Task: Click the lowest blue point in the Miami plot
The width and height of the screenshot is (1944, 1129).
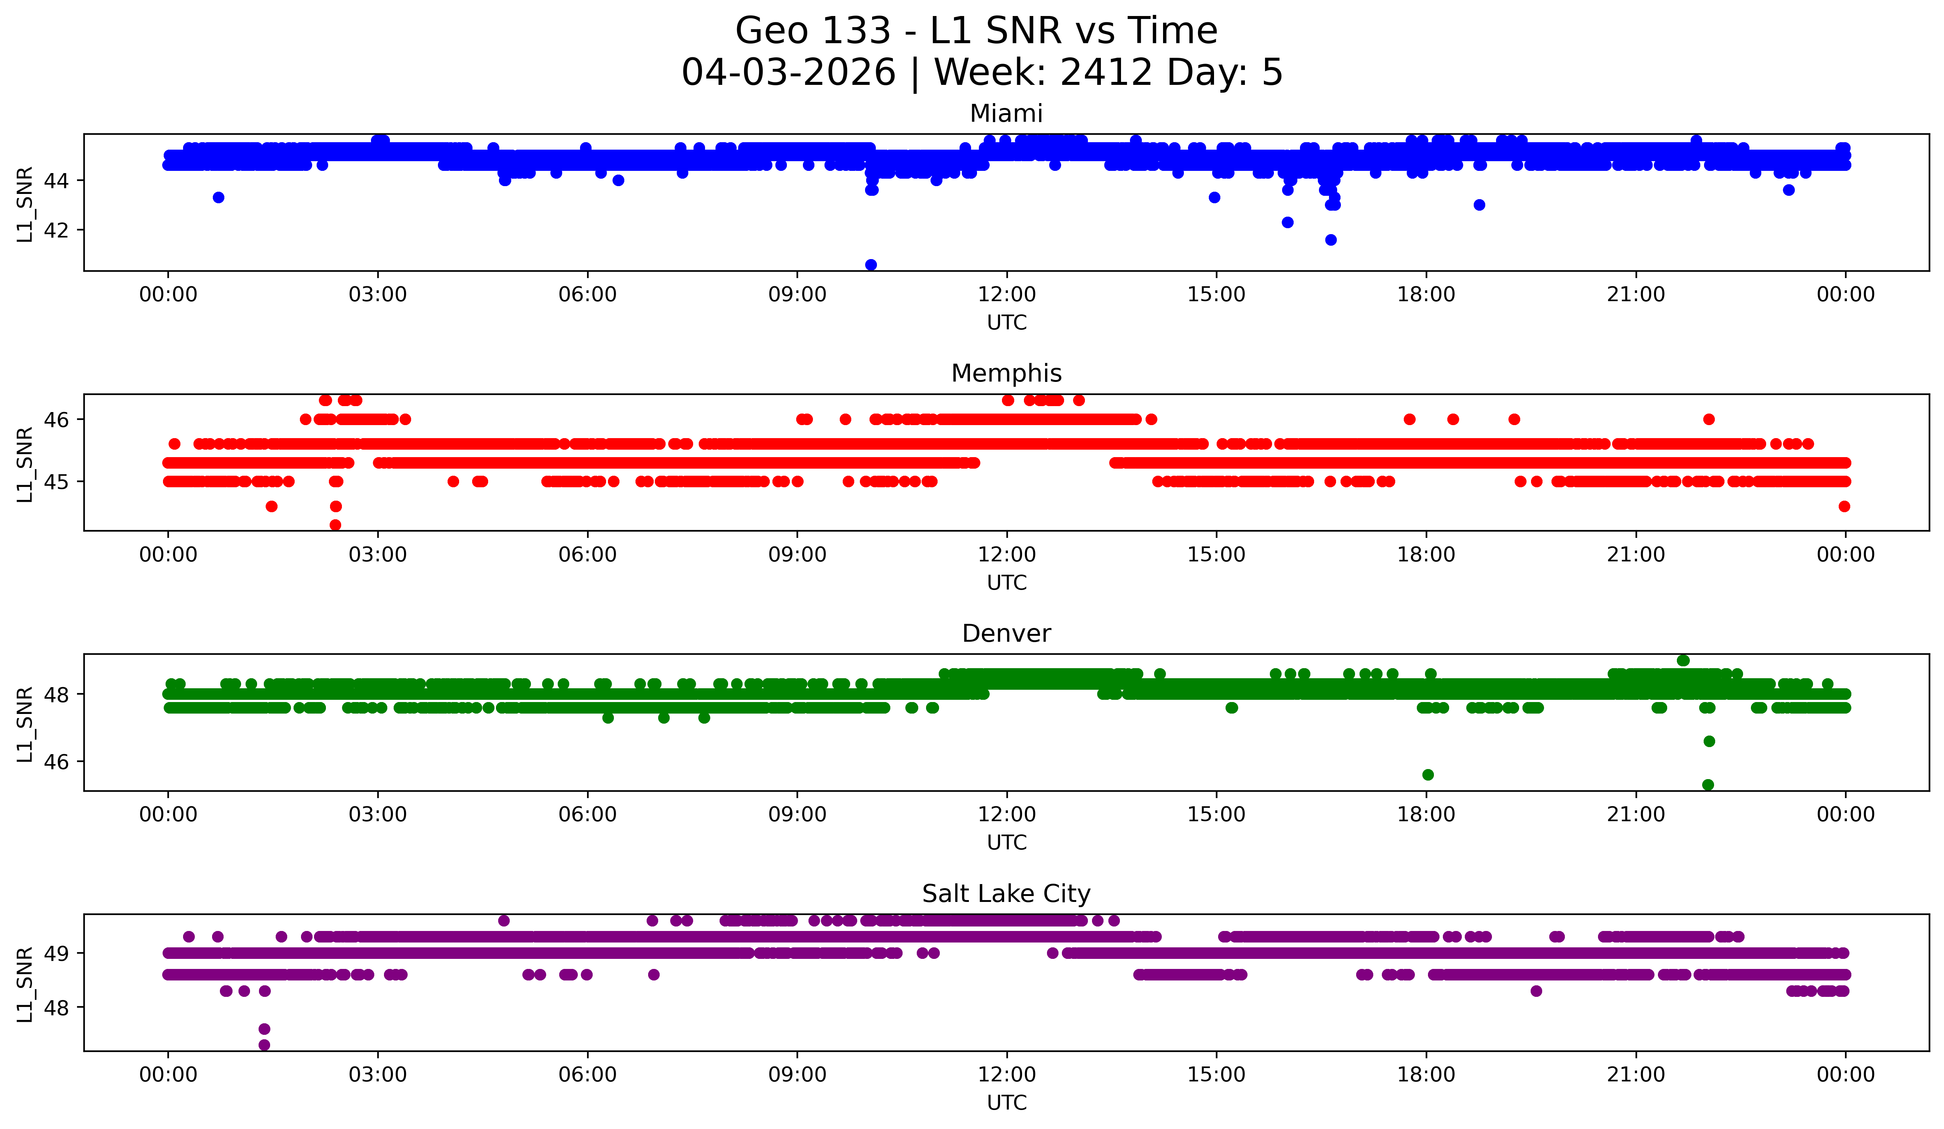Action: tap(871, 265)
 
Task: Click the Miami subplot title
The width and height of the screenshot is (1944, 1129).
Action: tap(1006, 114)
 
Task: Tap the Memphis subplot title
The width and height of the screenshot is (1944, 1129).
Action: tap(1006, 373)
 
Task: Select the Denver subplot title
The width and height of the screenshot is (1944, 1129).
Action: tap(1006, 634)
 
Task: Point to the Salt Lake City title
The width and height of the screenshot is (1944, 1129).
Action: tap(1006, 894)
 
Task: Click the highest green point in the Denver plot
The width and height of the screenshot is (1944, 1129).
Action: tap(1683, 661)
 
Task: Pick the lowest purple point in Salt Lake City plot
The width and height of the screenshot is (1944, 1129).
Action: tap(264, 1045)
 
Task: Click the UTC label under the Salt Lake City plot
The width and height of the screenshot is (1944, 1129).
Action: tap(1007, 1103)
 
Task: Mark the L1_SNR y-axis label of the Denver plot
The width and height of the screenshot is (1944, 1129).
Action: tap(25, 724)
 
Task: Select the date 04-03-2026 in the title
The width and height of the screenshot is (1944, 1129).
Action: tap(788, 73)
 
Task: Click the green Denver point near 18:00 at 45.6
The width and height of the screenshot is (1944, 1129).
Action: tap(1428, 775)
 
